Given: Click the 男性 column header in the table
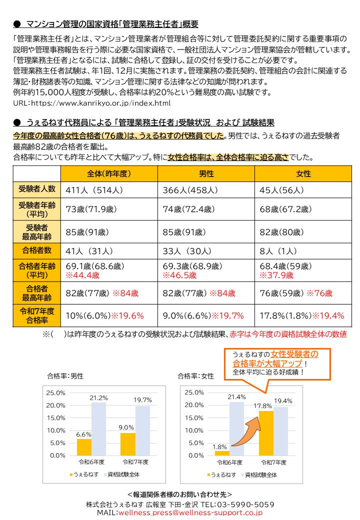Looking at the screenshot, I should (206, 173).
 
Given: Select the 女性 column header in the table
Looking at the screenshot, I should (303, 173).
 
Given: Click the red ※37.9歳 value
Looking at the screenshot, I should (276, 275).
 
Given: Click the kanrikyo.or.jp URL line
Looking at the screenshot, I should (91, 103).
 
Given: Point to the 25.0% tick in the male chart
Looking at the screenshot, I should (55, 392).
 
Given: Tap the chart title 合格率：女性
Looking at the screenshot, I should (195, 376).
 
